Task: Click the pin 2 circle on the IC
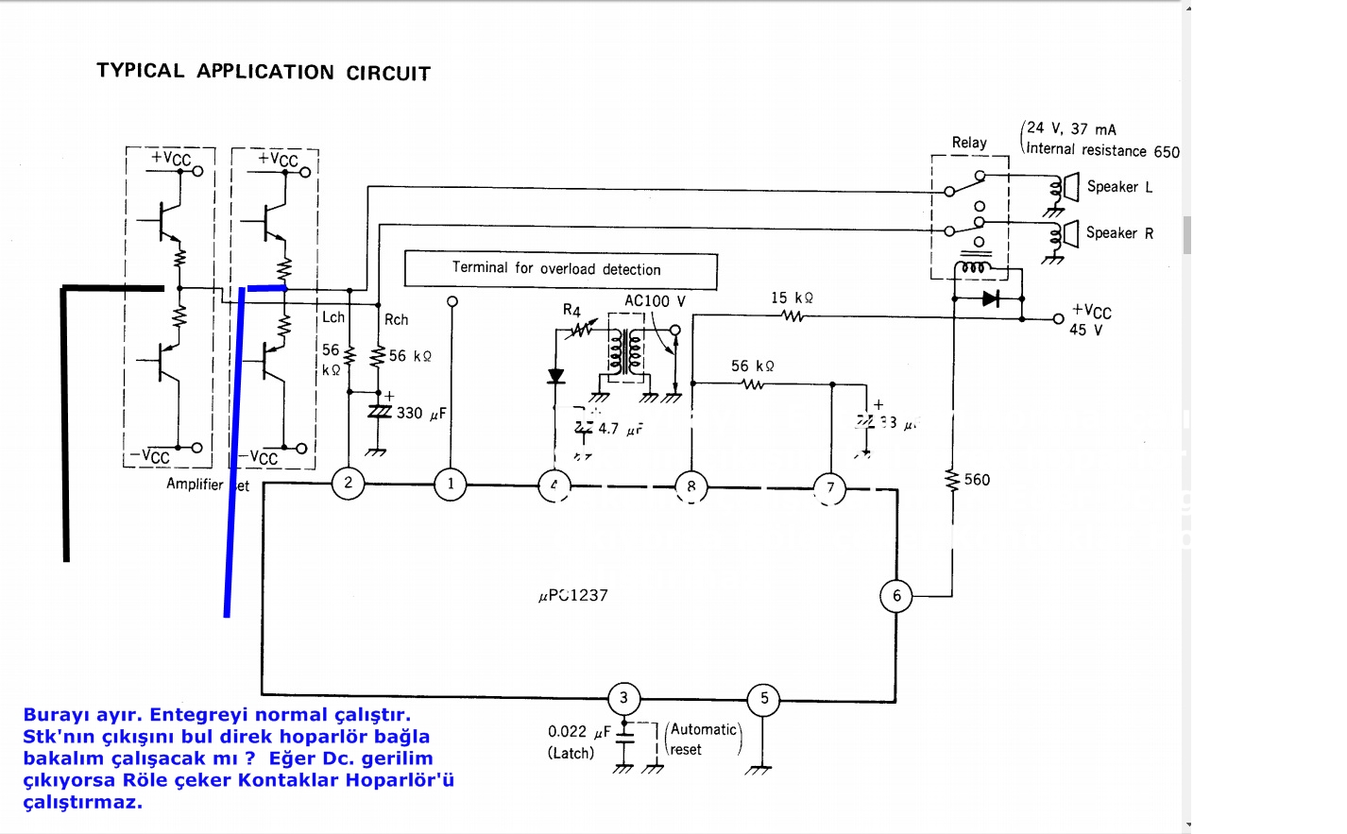(x=348, y=484)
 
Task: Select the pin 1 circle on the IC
(x=451, y=485)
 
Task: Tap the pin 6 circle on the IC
(x=896, y=596)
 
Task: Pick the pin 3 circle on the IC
(x=623, y=699)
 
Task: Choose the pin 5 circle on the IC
(x=764, y=699)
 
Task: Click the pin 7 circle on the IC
(x=830, y=488)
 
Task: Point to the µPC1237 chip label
(x=573, y=596)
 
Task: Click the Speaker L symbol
(x=1071, y=187)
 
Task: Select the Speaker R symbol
(x=1071, y=232)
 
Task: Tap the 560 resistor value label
(x=977, y=480)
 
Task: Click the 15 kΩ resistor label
(x=792, y=298)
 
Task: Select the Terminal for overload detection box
(x=560, y=269)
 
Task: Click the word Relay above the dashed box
(x=969, y=143)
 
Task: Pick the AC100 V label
(x=655, y=301)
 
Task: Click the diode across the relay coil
(x=990, y=299)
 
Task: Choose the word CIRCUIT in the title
(x=388, y=74)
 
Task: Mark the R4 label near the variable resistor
(x=571, y=310)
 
